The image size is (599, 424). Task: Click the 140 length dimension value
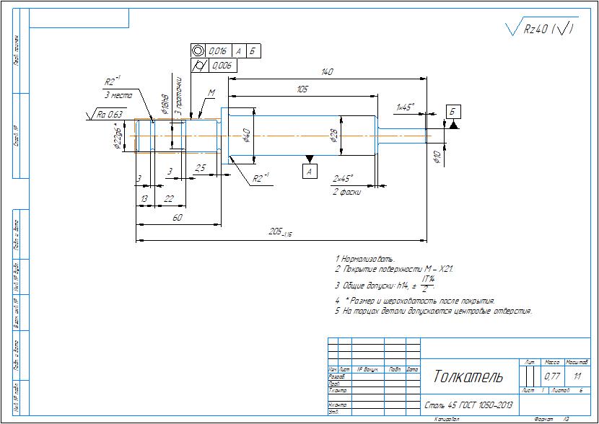[x=328, y=71]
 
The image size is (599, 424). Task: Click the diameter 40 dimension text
[x=246, y=135]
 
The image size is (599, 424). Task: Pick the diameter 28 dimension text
[x=334, y=135]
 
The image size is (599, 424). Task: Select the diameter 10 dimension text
[x=436, y=158]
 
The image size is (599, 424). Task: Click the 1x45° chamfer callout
[x=405, y=107]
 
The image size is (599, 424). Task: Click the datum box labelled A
[x=310, y=171]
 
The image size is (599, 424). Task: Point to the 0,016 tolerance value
[x=219, y=51]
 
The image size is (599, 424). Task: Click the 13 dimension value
[x=144, y=198]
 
